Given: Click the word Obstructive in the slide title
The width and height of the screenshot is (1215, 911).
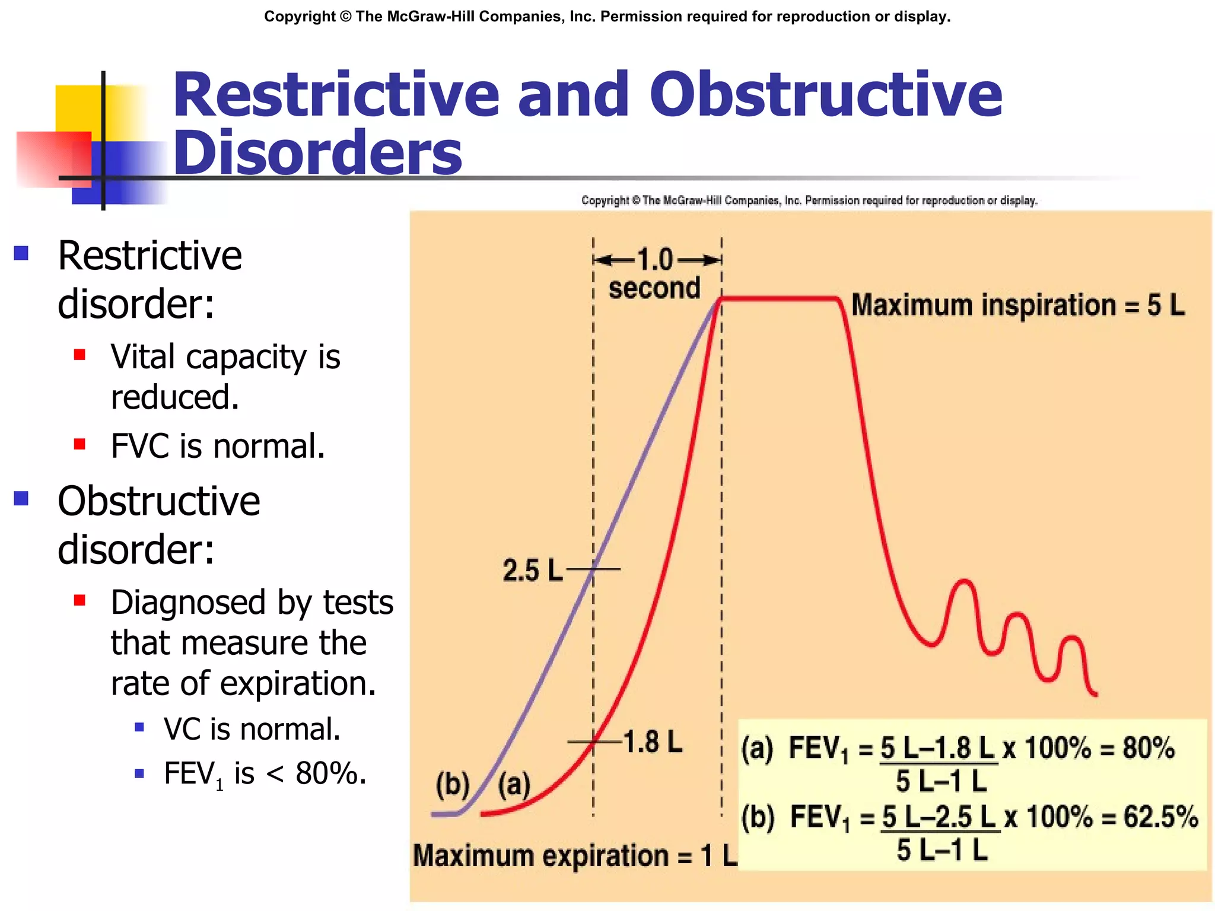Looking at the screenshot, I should click(826, 95).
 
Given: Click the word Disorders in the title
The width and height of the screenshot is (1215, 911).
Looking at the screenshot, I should click(317, 153).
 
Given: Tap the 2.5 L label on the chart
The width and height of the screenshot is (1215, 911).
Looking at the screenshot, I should click(532, 571).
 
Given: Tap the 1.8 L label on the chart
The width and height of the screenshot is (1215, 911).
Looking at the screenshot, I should click(653, 743).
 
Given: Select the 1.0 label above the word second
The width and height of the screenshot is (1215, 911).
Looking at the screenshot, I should click(655, 260).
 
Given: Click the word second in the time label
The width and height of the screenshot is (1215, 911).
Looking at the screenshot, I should click(654, 288).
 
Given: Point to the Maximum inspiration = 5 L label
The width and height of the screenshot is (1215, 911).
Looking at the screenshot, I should click(1017, 305).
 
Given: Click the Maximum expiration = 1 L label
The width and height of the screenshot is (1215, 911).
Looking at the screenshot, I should click(574, 856).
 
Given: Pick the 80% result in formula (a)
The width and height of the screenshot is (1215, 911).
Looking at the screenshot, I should click(1148, 748).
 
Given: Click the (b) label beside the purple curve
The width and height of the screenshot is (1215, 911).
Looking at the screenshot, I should click(452, 784).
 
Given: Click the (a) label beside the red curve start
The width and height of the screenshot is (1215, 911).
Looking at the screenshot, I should click(514, 785).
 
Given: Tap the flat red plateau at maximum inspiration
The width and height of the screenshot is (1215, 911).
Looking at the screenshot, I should click(778, 298).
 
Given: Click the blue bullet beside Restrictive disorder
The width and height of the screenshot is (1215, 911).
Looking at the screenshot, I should click(21, 254).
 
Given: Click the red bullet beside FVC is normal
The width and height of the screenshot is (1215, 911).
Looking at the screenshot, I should click(79, 444).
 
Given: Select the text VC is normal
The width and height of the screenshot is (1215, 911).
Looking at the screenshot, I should click(252, 729).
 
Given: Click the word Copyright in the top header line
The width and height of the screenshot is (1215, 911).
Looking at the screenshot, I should click(300, 17).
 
